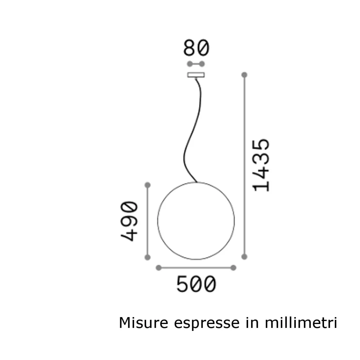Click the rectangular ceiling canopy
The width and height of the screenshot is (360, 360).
click(196, 75)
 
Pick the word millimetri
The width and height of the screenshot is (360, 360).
click(300, 323)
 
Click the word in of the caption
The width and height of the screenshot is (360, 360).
click(251, 323)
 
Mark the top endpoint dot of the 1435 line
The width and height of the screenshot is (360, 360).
click(244, 75)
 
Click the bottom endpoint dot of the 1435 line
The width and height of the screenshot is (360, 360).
click(244, 256)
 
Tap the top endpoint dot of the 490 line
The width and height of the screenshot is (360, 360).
click(148, 185)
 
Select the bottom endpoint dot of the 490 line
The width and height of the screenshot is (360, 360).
click(148, 257)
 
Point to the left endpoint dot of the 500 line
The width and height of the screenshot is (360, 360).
click(159, 268)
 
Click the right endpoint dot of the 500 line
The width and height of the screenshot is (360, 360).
click(233, 268)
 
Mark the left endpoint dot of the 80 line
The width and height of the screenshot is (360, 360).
click(189, 64)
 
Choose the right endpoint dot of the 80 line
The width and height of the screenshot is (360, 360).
click(202, 64)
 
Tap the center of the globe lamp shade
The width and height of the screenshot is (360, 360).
click(196, 221)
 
